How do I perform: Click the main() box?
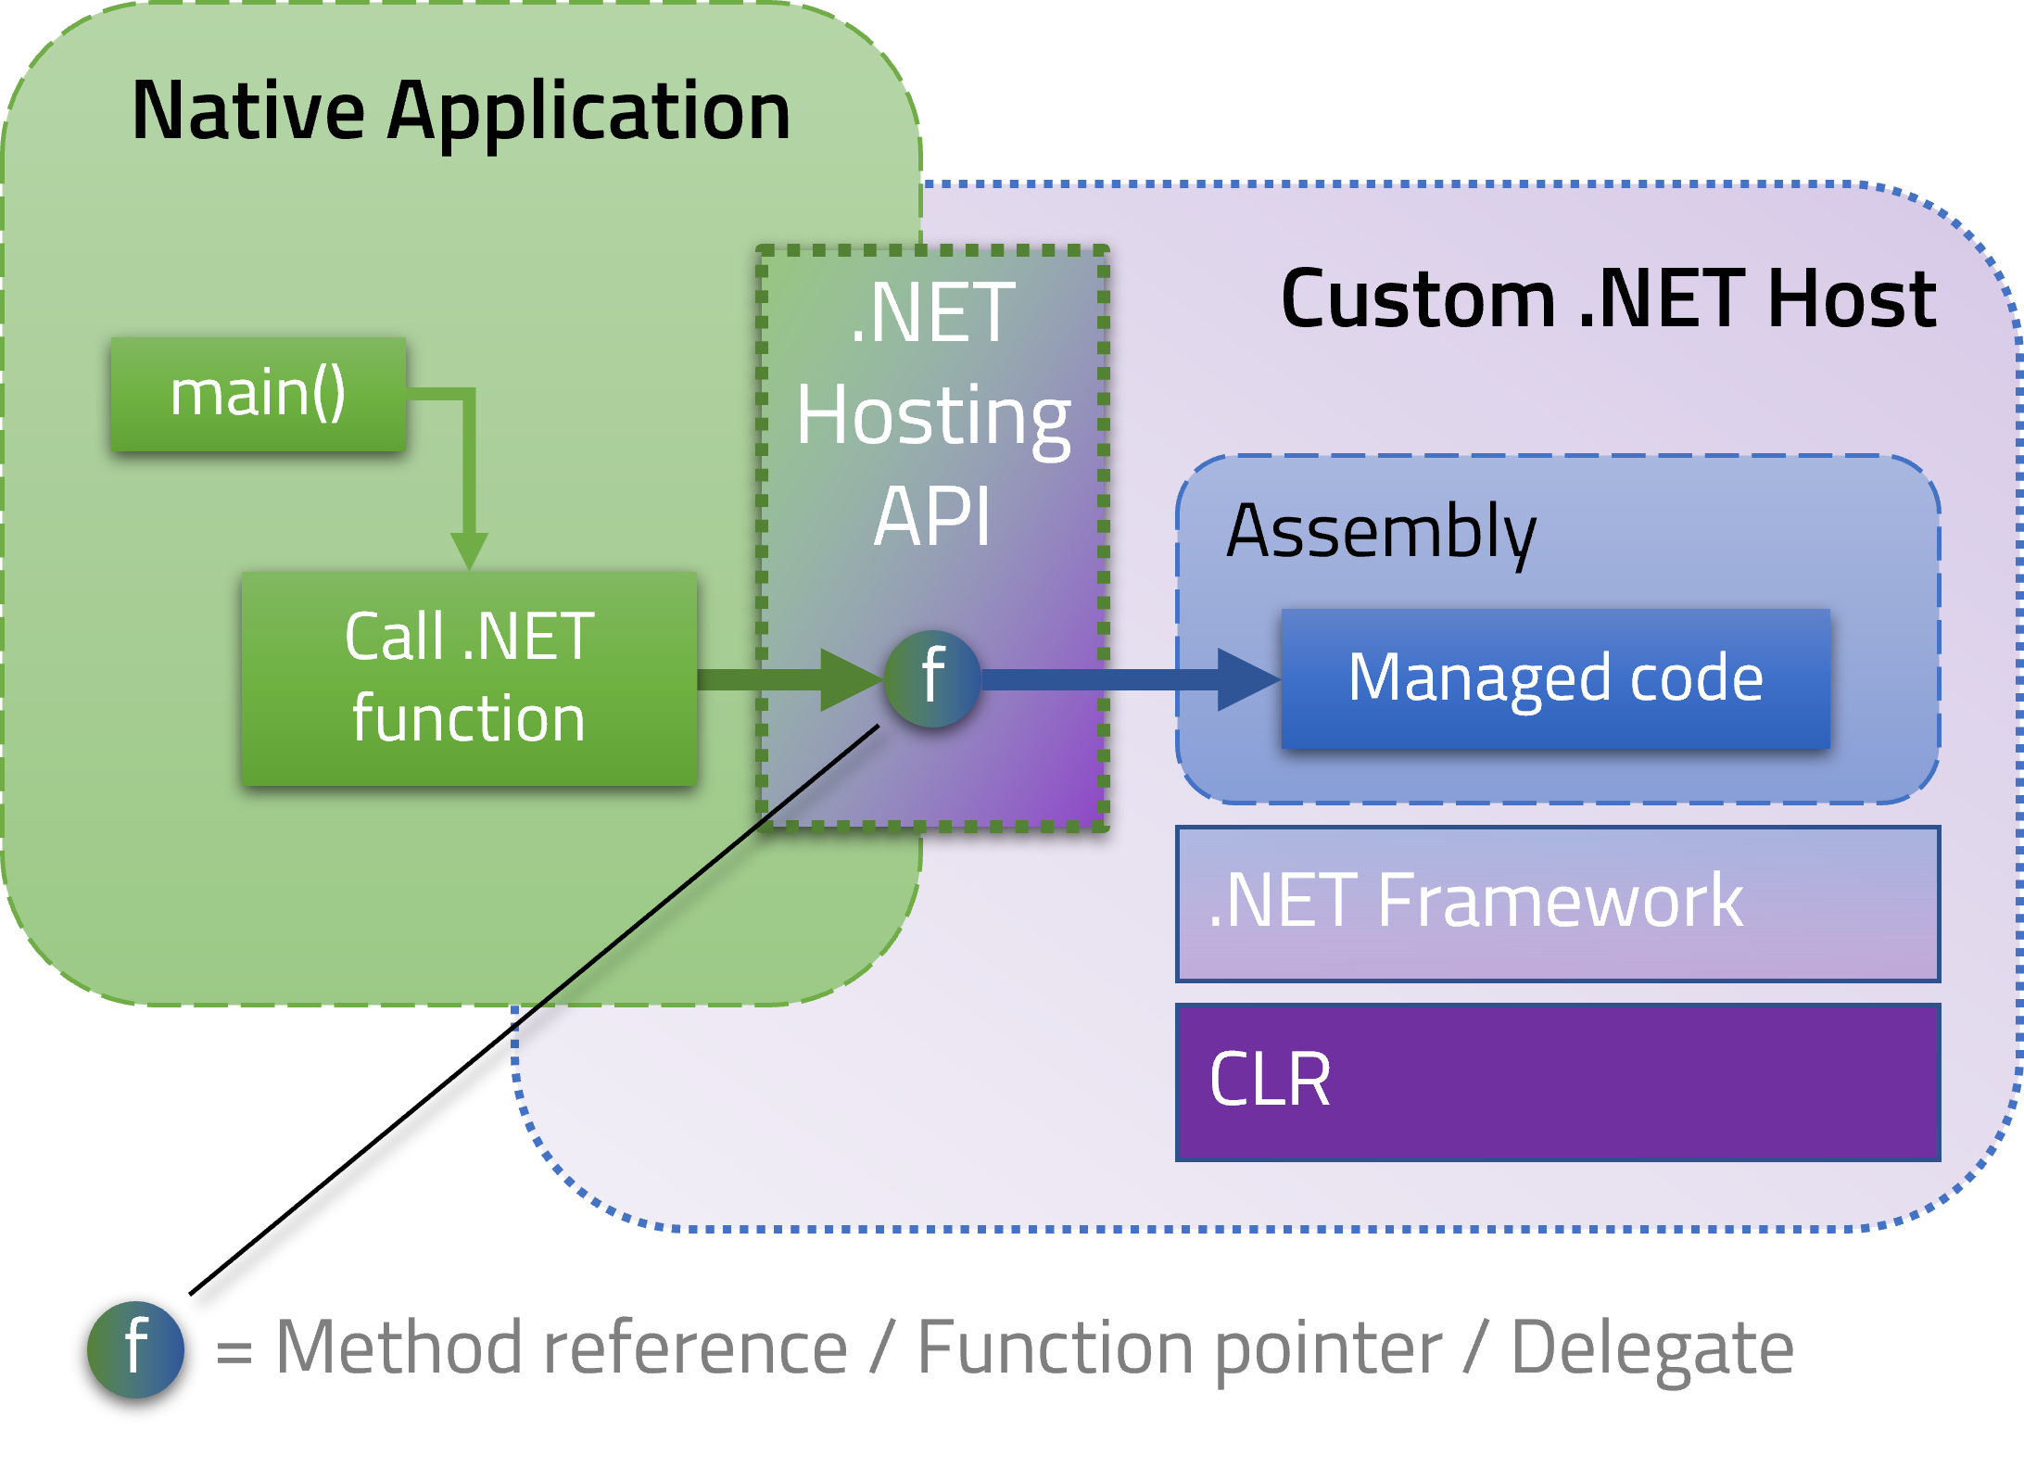click(258, 394)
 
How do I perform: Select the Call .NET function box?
click(469, 678)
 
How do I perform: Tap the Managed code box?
click(1555, 678)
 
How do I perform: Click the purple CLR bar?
click(1557, 1082)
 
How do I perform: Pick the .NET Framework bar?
click(1557, 903)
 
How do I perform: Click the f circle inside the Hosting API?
click(932, 677)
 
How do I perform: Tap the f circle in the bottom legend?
click(135, 1349)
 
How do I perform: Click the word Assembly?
click(1381, 532)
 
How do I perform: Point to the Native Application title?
click(461, 111)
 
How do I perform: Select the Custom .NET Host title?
click(1608, 299)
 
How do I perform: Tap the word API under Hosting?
click(932, 516)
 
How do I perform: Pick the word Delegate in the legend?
click(1652, 1349)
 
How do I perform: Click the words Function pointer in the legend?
click(1179, 1349)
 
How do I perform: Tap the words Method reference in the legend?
click(562, 1349)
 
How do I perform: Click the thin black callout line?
click(695, 876)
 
